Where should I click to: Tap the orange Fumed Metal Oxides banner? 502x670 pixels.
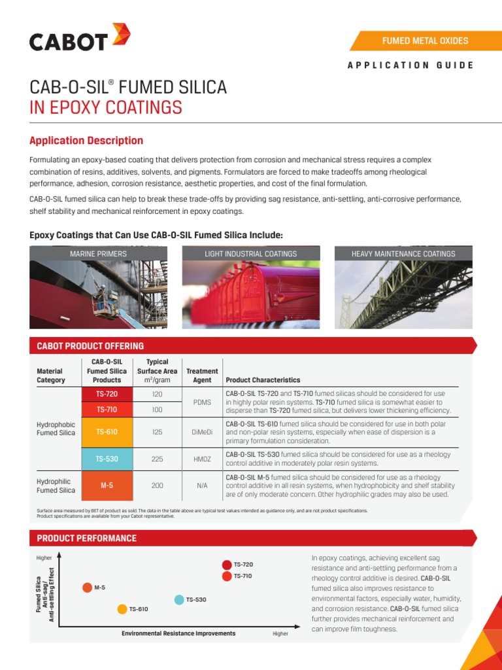tap(425, 41)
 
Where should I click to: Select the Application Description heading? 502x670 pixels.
tap(86, 141)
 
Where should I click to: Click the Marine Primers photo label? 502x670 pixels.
tap(98, 254)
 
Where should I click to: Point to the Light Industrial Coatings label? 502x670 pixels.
tap(251, 254)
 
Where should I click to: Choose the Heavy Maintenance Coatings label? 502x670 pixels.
tap(403, 254)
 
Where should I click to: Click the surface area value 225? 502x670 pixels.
tap(157, 459)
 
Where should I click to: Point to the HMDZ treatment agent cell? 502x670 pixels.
tap(202, 459)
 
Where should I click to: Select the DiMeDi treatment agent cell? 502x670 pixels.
tap(202, 432)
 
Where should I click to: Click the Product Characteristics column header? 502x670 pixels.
tap(263, 380)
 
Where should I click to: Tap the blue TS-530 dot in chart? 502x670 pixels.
tap(179, 599)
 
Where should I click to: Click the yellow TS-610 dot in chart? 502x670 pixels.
tap(122, 609)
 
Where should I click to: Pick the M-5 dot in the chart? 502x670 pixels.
tap(87, 587)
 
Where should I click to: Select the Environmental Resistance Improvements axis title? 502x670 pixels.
tap(178, 634)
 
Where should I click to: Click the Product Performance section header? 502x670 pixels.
tap(87, 538)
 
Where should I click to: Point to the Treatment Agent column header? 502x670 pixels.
tap(202, 376)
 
